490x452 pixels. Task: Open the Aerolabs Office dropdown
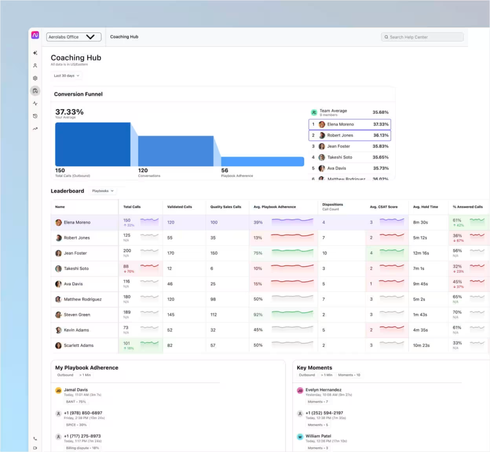pos(74,37)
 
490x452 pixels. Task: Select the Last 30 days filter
pos(67,76)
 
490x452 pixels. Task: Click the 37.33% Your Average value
pos(69,112)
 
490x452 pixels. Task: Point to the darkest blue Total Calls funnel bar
pos(92,144)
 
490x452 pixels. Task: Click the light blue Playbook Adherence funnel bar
pos(262,161)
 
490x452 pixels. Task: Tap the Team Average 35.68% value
pos(380,112)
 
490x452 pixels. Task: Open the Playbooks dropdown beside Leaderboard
pos(103,191)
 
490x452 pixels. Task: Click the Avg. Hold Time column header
pos(425,207)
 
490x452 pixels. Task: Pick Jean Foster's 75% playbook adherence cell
pos(258,253)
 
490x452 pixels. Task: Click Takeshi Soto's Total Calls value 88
pos(126,266)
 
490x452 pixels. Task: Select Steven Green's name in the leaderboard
pos(77,315)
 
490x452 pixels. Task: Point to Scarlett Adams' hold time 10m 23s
pos(421,345)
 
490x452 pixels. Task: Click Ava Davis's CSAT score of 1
pos(371,284)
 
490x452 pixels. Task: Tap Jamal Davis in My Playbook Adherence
pos(76,390)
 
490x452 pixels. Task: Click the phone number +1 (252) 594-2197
pos(324,413)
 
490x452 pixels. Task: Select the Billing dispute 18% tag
pos(83,448)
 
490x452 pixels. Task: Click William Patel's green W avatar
pos(300,436)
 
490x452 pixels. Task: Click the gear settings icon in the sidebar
pos(35,78)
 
